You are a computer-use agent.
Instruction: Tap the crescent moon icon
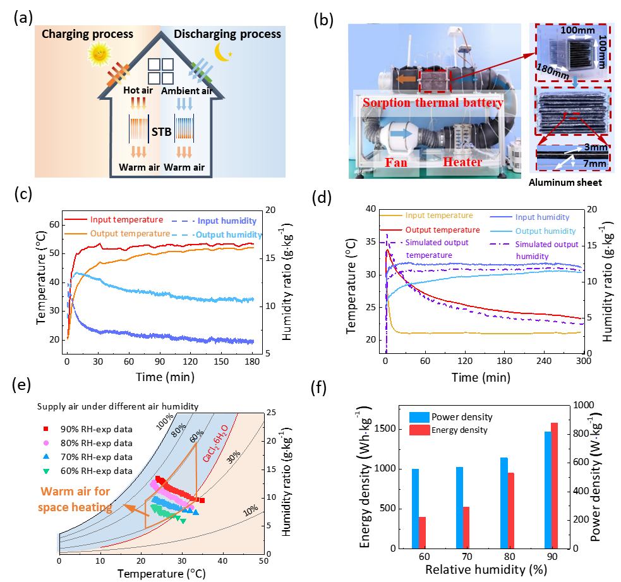point(220,51)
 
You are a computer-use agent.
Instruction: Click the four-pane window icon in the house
point(160,72)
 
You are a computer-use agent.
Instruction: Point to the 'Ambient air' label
point(186,91)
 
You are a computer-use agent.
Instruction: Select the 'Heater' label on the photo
point(462,162)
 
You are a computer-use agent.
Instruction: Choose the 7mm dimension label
point(594,164)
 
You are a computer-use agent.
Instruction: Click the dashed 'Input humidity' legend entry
point(227,221)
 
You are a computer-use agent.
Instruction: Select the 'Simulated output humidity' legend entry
point(546,250)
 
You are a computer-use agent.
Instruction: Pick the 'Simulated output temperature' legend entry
point(437,249)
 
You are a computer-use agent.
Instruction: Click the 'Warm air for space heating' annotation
point(75,499)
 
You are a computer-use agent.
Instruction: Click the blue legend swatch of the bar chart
point(419,417)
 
